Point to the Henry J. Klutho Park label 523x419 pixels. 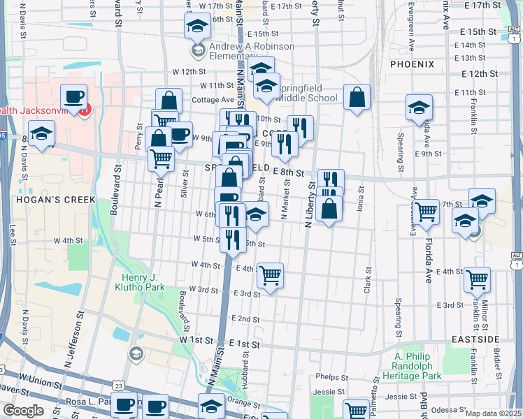point(138,281)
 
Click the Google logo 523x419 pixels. point(23,411)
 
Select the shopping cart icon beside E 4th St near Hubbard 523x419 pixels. point(270,275)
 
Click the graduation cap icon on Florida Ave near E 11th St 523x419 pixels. point(419,108)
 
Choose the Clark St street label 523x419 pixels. point(366,280)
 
